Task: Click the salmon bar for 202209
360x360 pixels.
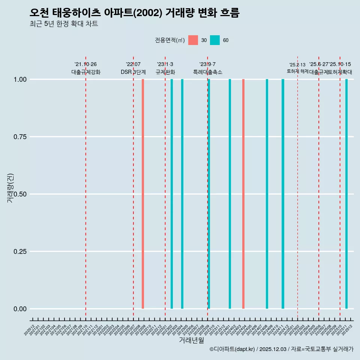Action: pyautogui.click(x=143, y=194)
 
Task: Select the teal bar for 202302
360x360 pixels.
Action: pyautogui.click(x=172, y=194)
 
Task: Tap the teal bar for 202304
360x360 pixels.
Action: pyautogui.click(x=182, y=194)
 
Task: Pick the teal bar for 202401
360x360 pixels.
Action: pyautogui.click(x=230, y=194)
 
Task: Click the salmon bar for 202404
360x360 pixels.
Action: pyautogui.click(x=243, y=194)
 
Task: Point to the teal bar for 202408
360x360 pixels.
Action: pyautogui.click(x=267, y=194)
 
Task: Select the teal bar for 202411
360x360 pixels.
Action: pyautogui.click(x=283, y=194)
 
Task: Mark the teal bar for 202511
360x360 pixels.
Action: pyautogui.click(x=346, y=194)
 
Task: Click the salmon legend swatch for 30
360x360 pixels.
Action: pyautogui.click(x=193, y=40)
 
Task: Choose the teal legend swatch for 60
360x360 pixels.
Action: pyautogui.click(x=215, y=40)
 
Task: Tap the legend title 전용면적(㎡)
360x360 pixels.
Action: pyautogui.click(x=170, y=40)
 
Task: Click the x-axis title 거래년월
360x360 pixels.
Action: pyautogui.click(x=191, y=340)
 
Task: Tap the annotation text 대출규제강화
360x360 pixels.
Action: pyautogui.click(x=86, y=72)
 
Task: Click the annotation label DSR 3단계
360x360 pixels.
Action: pyautogui.click(x=133, y=72)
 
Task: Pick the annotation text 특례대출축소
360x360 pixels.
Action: pyautogui.click(x=208, y=72)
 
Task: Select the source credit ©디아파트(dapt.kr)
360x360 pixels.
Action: pyautogui.click(x=232, y=349)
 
